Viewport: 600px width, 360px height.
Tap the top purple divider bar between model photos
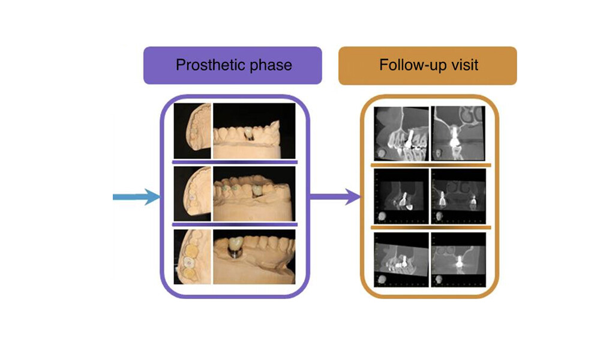pyautogui.click(x=235, y=161)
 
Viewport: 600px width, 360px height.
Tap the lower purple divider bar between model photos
pyautogui.click(x=235, y=226)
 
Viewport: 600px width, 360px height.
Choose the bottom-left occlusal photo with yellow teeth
pyautogui.click(x=192, y=256)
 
